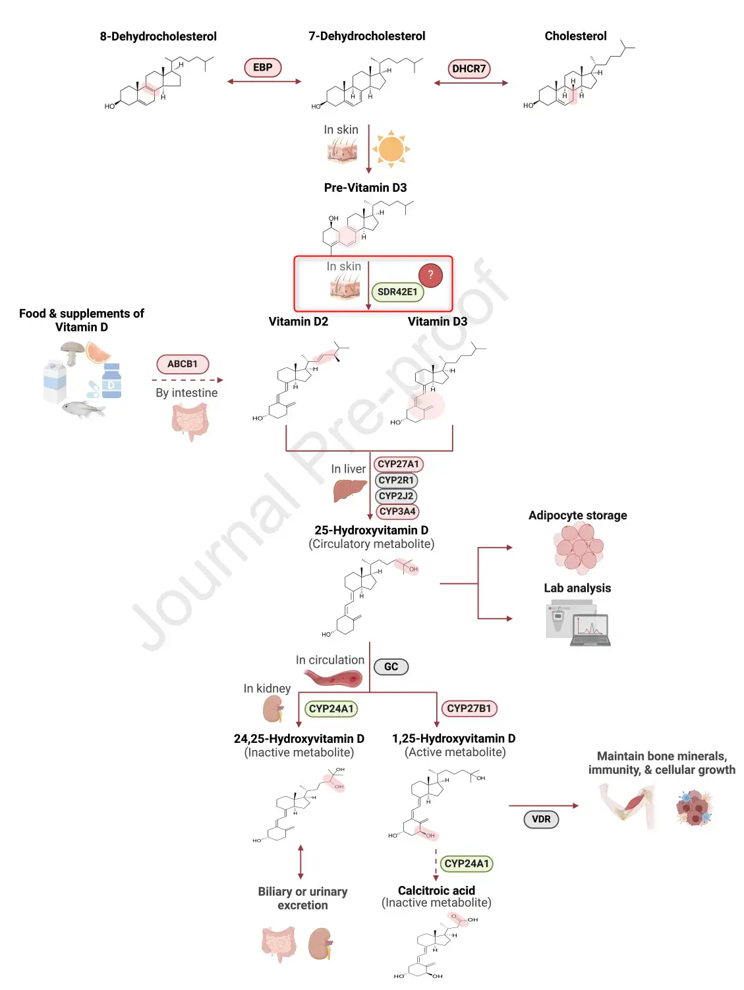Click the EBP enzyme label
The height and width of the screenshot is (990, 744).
[x=262, y=67]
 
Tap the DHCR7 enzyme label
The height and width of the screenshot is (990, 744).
[x=469, y=69]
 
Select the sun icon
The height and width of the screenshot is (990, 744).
[x=391, y=149]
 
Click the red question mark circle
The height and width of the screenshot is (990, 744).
[x=430, y=275]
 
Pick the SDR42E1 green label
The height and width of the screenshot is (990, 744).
[x=397, y=292]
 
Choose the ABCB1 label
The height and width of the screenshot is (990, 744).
[x=183, y=364]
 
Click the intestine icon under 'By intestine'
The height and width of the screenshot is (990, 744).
[x=190, y=421]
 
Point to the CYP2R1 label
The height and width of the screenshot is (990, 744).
[x=396, y=480]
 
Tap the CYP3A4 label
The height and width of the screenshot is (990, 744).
[x=397, y=511]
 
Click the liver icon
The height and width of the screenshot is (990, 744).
[x=349, y=490]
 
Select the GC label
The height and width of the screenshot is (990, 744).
[x=391, y=667]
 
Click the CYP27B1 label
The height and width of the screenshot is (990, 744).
[x=469, y=709]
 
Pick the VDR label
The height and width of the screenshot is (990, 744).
[x=541, y=819]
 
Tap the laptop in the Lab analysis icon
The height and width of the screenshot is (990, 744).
[x=591, y=629]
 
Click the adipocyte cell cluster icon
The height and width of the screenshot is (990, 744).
[x=579, y=546]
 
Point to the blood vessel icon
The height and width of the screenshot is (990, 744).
[x=333, y=678]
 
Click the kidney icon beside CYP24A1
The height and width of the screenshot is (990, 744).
[x=273, y=709]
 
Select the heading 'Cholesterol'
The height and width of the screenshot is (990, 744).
[x=575, y=36]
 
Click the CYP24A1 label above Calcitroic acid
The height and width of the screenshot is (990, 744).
[x=467, y=863]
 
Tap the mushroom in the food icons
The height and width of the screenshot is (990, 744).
[x=71, y=351]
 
